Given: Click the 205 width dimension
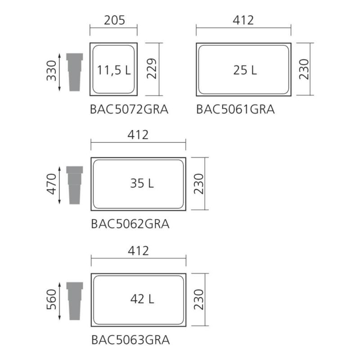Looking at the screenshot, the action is pyautogui.click(x=114, y=20).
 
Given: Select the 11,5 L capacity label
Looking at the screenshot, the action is pyautogui.click(x=114, y=70).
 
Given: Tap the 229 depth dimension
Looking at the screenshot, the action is pyautogui.click(x=152, y=69).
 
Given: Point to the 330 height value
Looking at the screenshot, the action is pyautogui.click(x=51, y=71).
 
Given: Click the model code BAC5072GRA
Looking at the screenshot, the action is pyautogui.click(x=129, y=109).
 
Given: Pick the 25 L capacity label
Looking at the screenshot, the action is pyautogui.click(x=245, y=70).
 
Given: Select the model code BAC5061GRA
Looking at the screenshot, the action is pyautogui.click(x=235, y=109).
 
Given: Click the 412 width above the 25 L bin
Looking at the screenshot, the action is pyautogui.click(x=243, y=20).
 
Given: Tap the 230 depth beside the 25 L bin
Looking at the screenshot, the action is pyautogui.click(x=304, y=69).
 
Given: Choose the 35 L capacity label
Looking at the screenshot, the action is pyautogui.click(x=142, y=183).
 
